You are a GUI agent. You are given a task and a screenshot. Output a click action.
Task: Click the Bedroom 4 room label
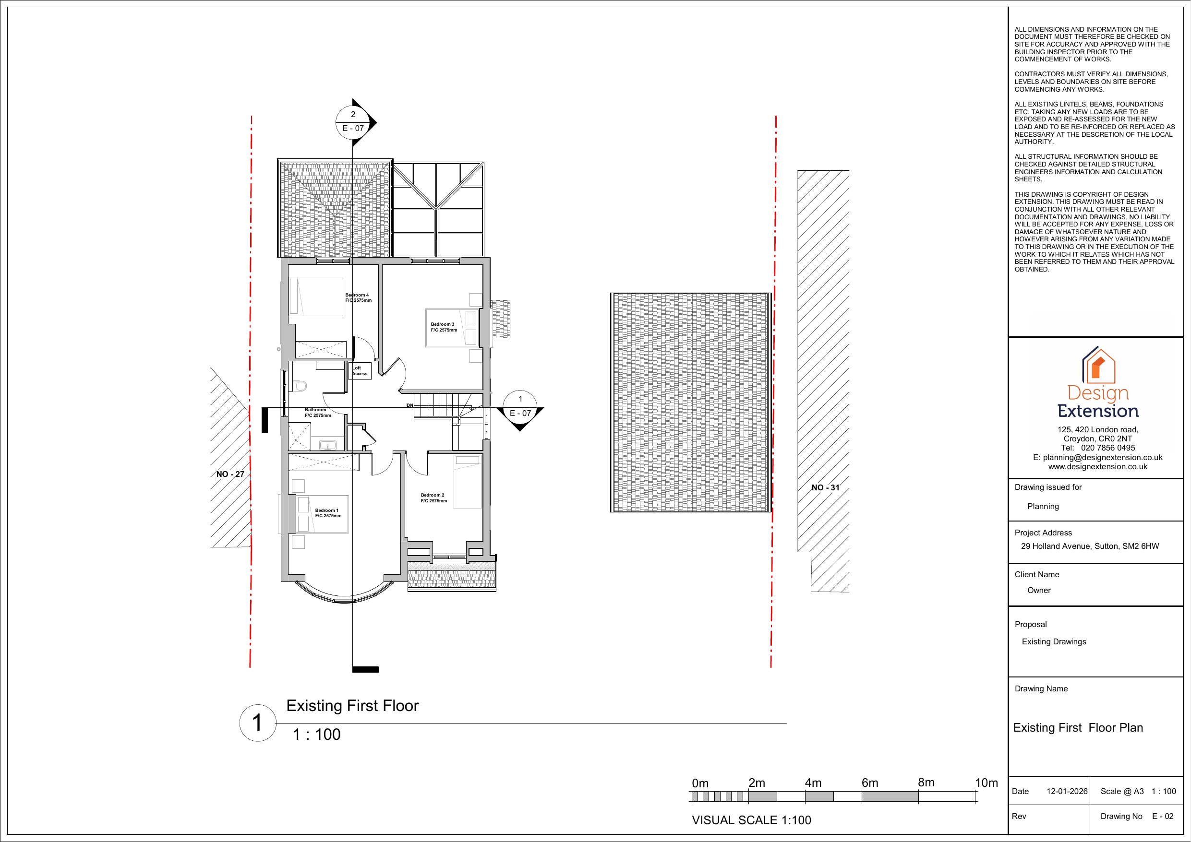359,297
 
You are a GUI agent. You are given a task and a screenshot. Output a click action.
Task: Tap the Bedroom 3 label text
444,327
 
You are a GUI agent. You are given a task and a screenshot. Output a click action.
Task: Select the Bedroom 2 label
433,498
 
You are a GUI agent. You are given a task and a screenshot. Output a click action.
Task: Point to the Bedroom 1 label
328,513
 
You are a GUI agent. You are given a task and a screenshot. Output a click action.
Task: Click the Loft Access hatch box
360,371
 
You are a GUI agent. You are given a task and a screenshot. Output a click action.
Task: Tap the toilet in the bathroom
300,386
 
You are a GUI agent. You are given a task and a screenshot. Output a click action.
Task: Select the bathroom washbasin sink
328,445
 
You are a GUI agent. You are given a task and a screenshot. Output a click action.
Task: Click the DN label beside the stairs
410,405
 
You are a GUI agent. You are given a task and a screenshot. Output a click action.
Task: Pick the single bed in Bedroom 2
468,482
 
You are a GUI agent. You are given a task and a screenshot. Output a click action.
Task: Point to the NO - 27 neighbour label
230,474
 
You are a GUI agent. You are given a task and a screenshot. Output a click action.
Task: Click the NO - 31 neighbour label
825,487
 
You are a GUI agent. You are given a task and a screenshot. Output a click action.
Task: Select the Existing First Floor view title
352,706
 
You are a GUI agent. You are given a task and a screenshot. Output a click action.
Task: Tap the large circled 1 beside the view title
257,723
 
